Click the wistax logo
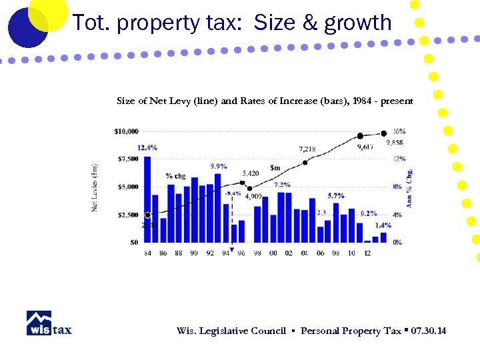(x=49, y=323)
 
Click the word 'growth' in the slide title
(x=357, y=23)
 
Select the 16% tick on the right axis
(x=399, y=131)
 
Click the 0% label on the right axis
(x=397, y=242)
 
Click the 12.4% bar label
(x=147, y=147)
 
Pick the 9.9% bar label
(x=219, y=166)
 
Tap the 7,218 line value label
(x=307, y=149)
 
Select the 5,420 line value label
(x=251, y=173)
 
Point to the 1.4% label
(x=383, y=225)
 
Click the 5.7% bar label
(x=336, y=196)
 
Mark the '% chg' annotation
(x=175, y=176)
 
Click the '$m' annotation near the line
(x=275, y=167)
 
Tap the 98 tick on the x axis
(x=257, y=253)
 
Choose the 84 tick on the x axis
(x=147, y=253)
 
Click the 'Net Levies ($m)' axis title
(x=95, y=188)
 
